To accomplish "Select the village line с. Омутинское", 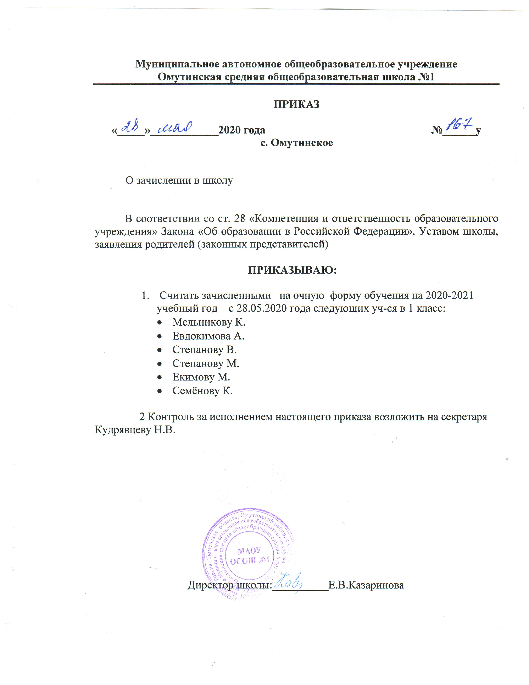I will click(x=296, y=143).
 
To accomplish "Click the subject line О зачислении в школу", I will click(x=179, y=180).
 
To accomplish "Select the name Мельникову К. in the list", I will click(x=209, y=322).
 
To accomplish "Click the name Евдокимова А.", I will click(x=208, y=336).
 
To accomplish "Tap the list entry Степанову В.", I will click(x=204, y=350).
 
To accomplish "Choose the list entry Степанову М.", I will click(x=206, y=363).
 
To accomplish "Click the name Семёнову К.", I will click(x=202, y=391).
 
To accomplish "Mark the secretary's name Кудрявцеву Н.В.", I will click(x=135, y=430).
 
